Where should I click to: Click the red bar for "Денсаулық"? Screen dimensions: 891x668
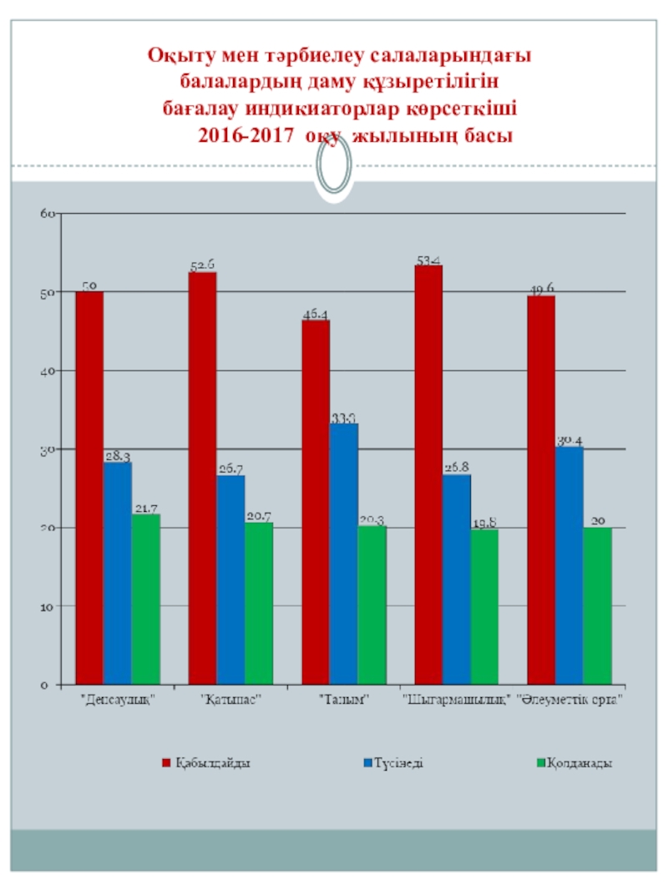89,488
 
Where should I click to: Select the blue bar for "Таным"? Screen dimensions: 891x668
343,554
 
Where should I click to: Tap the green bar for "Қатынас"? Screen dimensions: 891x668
259,603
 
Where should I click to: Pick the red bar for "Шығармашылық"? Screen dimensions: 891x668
428,474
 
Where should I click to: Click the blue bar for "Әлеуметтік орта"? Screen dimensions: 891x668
569,565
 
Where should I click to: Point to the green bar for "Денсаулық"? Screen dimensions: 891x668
145,599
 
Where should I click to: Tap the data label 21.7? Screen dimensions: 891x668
145,509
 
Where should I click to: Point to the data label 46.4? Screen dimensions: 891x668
315,314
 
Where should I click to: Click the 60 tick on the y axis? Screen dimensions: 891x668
48,214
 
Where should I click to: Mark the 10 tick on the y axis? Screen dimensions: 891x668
48,606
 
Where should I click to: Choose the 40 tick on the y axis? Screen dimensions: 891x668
48,371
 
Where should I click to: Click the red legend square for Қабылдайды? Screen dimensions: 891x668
166,763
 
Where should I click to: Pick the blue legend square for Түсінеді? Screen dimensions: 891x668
367,763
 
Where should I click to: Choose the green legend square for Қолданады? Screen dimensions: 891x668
539,763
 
